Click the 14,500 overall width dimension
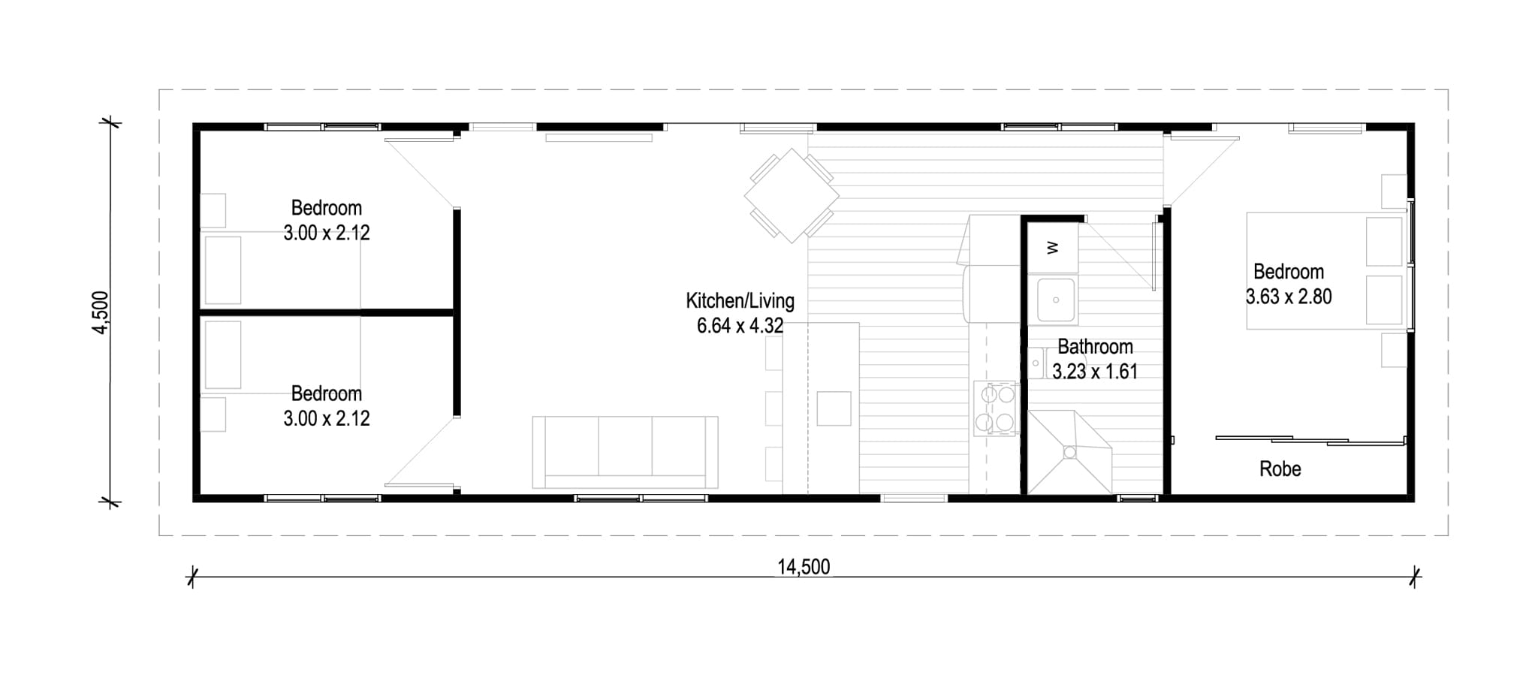click(804, 567)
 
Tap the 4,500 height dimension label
click(101, 312)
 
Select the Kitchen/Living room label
click(740, 301)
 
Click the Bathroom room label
click(1095, 347)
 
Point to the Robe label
click(1280, 469)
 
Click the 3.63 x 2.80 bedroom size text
click(1289, 297)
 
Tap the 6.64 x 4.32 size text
click(740, 326)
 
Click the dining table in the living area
click(792, 195)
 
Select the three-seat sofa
click(625, 453)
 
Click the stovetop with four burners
click(995, 408)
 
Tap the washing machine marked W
click(1053, 248)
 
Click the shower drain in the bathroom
click(1069, 452)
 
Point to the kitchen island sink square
click(834, 408)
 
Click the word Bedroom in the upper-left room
click(327, 208)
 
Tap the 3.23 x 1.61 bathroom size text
click(1095, 372)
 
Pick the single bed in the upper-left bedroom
click(281, 270)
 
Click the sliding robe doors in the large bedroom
click(1310, 441)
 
